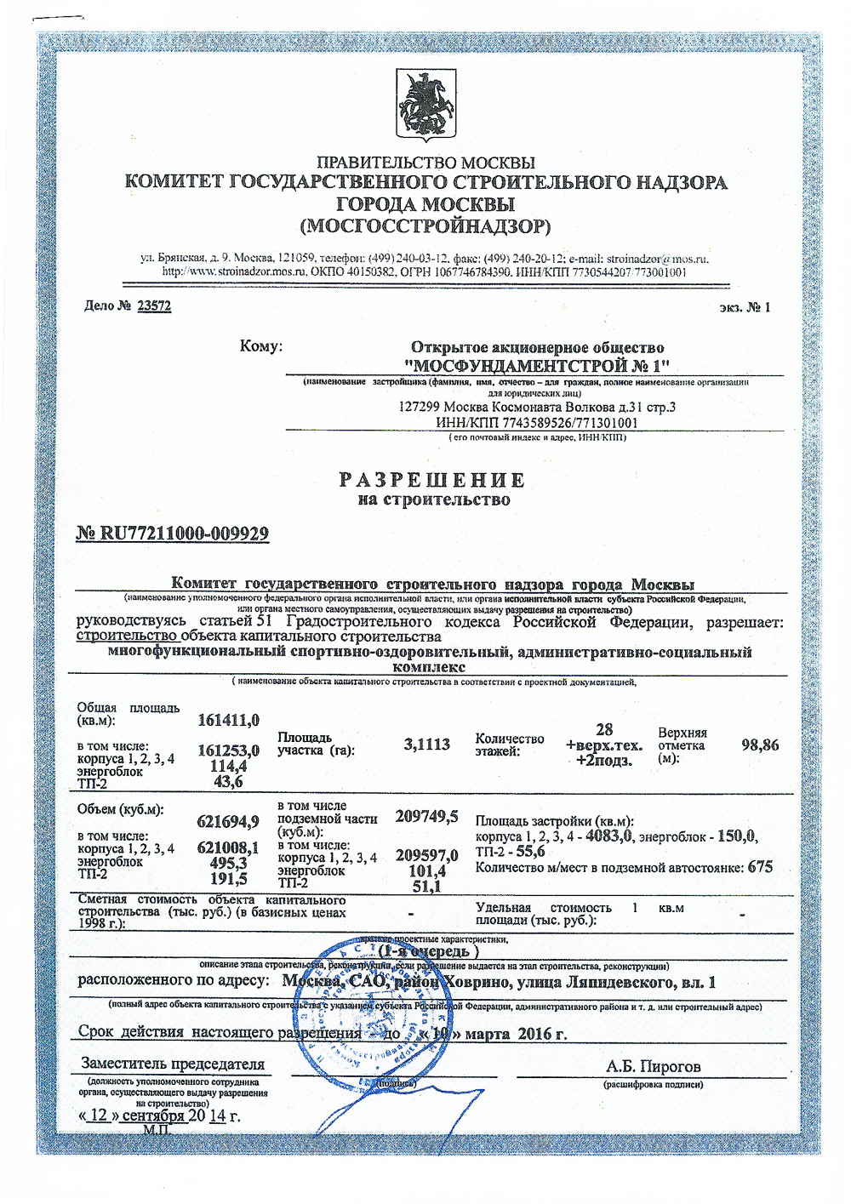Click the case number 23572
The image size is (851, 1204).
154,305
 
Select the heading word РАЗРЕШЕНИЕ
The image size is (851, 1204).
432,479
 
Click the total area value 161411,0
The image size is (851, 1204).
228,721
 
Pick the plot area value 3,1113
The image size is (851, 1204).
426,745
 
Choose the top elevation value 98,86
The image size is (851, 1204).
759,745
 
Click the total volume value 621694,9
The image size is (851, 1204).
227,821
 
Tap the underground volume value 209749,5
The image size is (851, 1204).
426,817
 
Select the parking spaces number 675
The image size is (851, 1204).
759,867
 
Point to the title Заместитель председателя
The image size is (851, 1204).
173,1064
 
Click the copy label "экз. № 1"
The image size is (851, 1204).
745,307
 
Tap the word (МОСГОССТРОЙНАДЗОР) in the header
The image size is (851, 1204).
425,226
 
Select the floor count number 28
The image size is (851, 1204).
604,729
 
